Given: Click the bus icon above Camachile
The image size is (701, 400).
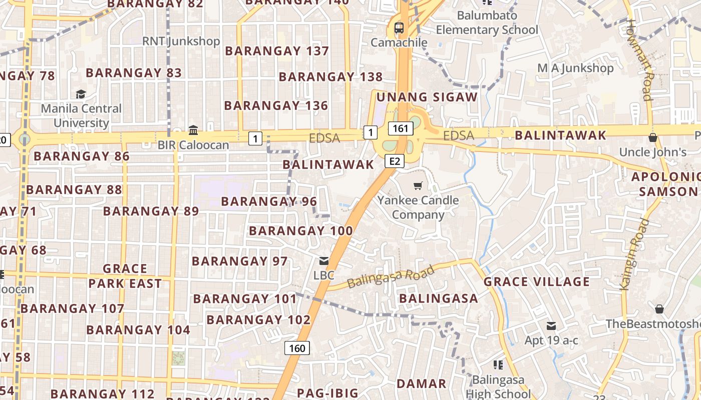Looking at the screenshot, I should coord(399,28).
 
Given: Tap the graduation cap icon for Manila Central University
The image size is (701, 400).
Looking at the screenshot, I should coord(81,94).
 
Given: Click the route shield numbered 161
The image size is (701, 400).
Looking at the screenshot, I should coord(401,128).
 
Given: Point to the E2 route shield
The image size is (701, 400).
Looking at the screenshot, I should coord(395,160).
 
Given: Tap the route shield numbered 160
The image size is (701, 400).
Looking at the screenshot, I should coord(297,348).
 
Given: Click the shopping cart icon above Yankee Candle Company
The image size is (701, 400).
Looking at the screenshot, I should coord(418,186).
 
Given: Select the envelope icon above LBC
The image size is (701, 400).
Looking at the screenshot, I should coord(324,260).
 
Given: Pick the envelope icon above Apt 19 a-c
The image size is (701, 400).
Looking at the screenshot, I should coord(551,326).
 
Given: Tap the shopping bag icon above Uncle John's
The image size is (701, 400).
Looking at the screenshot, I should coord(652,137).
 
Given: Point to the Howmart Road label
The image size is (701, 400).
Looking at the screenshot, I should coord(640,60).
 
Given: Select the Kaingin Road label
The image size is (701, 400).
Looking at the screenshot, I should coord(634,254).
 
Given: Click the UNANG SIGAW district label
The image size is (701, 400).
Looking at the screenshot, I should coord(427,97).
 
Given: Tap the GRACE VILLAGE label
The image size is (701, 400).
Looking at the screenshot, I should coord(536,282).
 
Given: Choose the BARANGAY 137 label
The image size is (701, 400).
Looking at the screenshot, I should coord(277,51).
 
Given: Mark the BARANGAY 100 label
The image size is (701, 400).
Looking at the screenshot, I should coord(301,231).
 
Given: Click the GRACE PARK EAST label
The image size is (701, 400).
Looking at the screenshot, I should coord(125,276).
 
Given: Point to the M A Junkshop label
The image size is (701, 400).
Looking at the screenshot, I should coord(575,68).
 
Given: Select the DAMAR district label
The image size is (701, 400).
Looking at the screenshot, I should coord(421,384).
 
